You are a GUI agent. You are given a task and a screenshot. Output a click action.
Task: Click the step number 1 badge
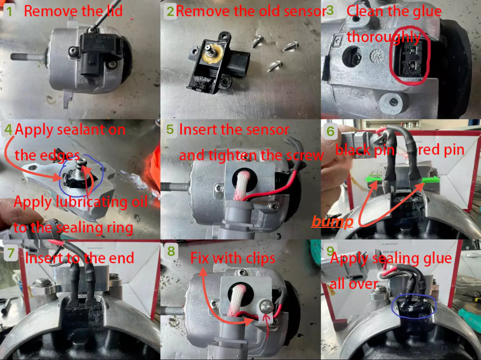click(x=9, y=11)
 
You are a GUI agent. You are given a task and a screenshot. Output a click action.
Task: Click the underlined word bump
click(x=332, y=222)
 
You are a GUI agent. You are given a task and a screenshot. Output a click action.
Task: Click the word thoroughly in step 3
click(x=383, y=37)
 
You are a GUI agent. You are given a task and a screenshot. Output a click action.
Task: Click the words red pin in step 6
click(x=441, y=150)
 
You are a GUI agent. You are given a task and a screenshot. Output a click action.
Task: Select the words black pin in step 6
click(x=365, y=150)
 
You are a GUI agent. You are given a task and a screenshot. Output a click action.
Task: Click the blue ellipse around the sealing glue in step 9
click(x=414, y=307)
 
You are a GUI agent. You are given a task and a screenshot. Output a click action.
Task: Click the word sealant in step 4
click(x=97, y=130)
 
